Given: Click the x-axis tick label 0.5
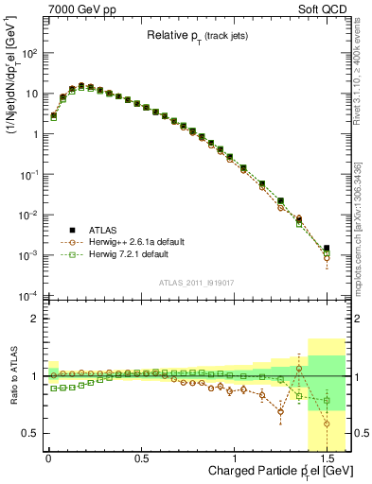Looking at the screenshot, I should (x=141, y=457).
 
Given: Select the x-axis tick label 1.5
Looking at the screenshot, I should (x=327, y=457).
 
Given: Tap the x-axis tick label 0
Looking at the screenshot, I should (x=47, y=457).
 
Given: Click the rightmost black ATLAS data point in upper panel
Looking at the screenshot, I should (x=326, y=249).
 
